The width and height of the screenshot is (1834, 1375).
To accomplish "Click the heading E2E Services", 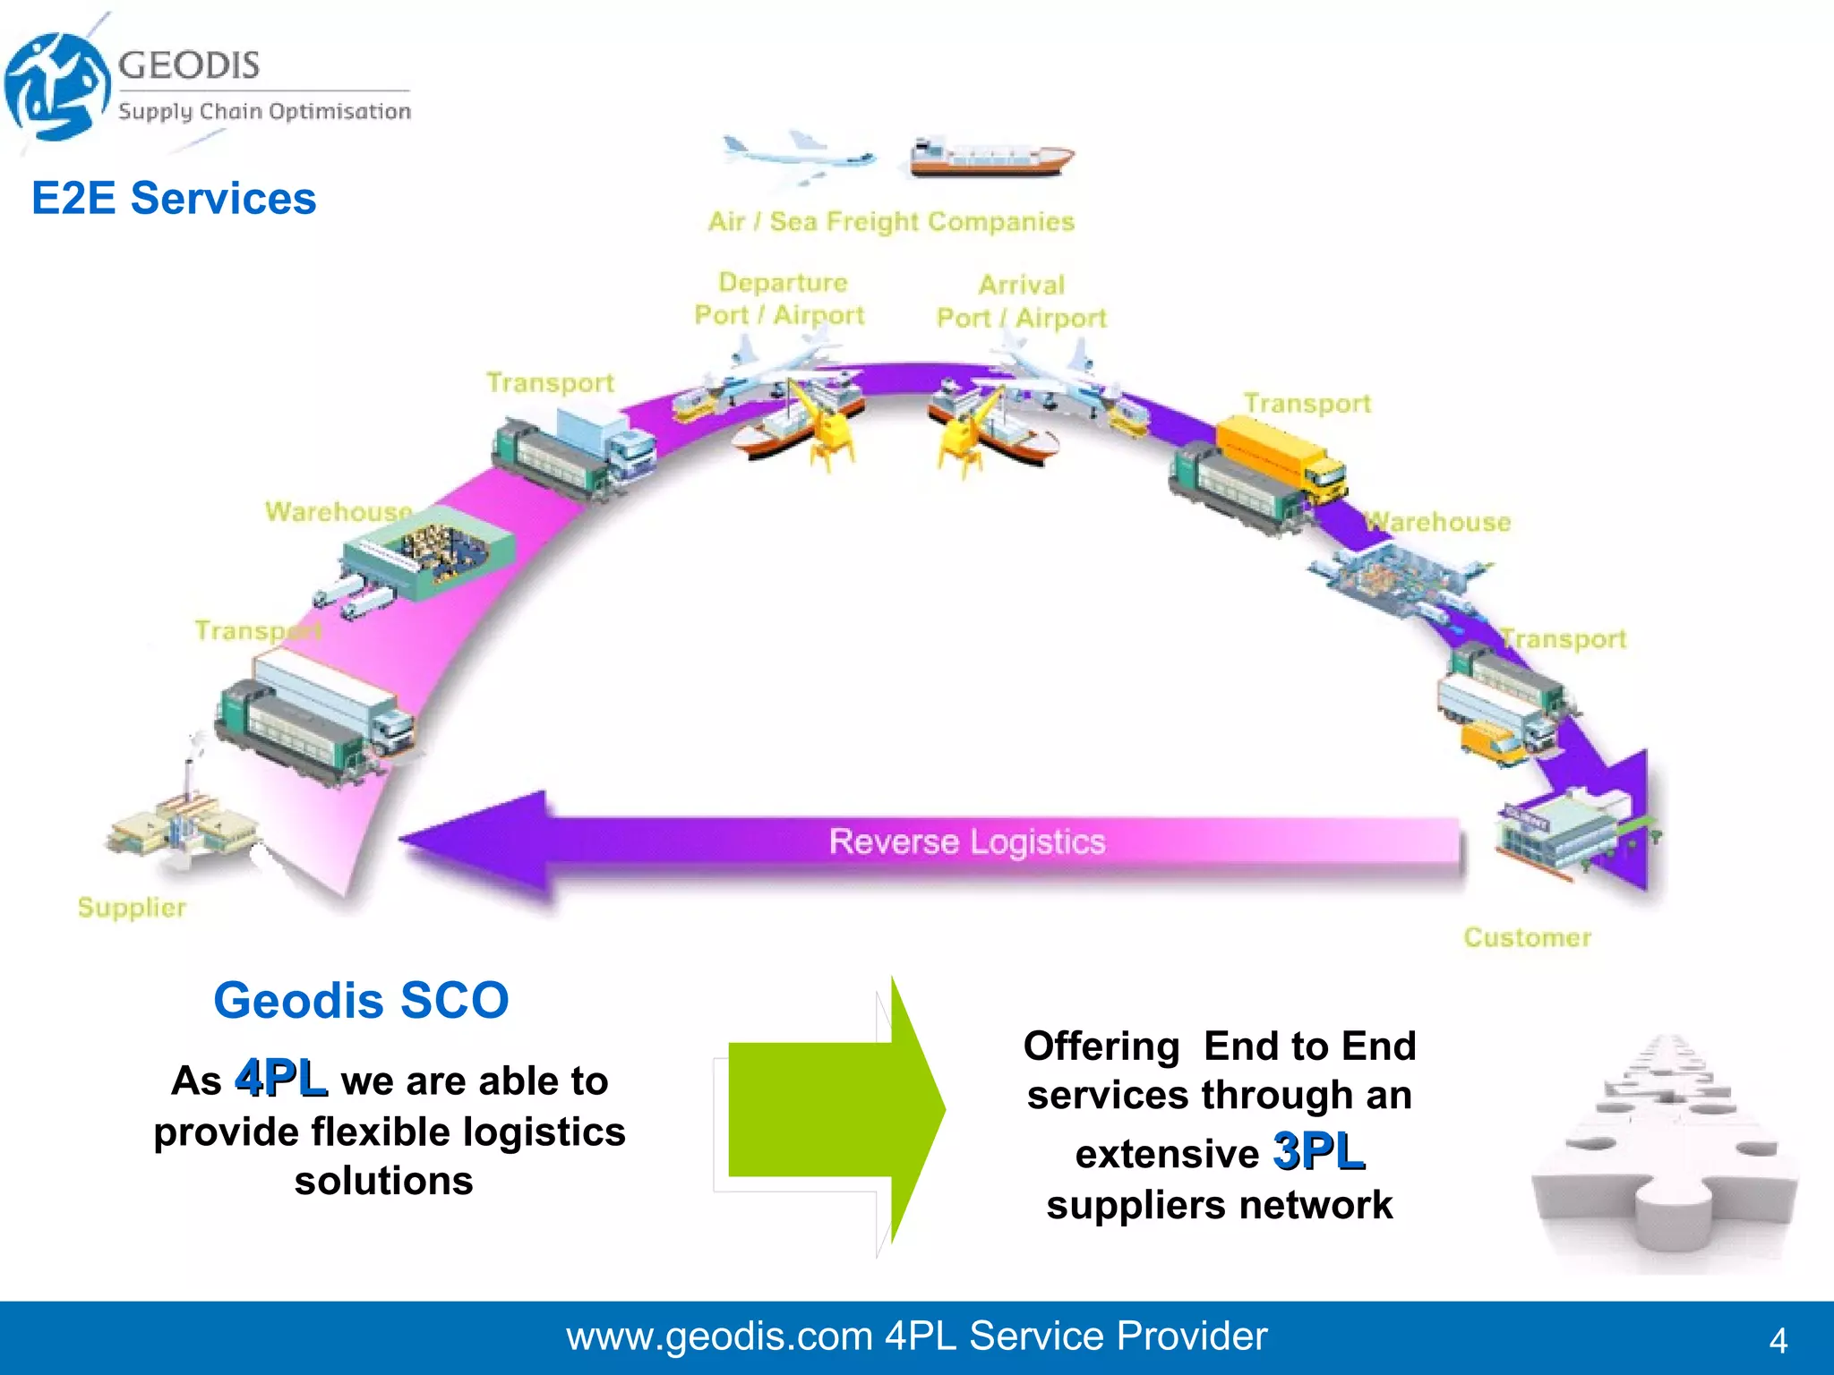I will [174, 198].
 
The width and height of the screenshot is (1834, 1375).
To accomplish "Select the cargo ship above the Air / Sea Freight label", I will [990, 158].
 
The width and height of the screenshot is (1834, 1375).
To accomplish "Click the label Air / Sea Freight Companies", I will [891, 221].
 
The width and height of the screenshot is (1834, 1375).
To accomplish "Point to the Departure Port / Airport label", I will [780, 299].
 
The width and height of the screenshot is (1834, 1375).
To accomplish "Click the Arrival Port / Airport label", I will [1022, 302].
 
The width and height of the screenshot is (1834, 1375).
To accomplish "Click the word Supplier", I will [132, 907].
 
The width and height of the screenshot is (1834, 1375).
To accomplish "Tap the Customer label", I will [1527, 937].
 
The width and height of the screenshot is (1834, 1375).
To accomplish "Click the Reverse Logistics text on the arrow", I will [967, 841].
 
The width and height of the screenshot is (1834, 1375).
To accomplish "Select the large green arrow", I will [833, 1110].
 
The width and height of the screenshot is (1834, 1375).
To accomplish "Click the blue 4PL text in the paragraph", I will [280, 1078].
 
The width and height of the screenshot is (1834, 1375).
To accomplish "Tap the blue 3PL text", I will [1319, 1151].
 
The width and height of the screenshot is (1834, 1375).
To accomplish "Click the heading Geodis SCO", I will [361, 1000].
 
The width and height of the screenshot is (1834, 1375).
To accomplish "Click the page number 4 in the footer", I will [1778, 1340].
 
